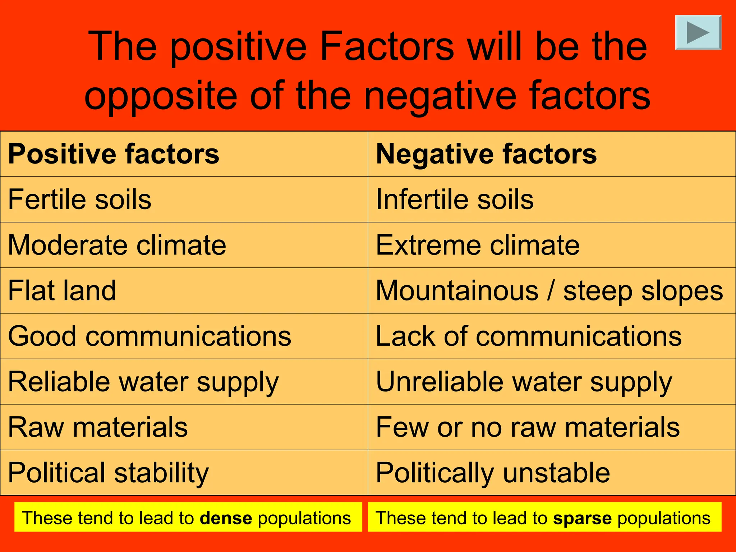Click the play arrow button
[698, 32]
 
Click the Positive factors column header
[114, 154]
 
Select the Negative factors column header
[486, 154]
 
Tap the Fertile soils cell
[80, 199]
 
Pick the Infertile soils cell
[455, 199]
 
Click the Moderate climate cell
[117, 245]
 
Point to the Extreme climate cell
[478, 245]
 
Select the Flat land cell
[62, 290]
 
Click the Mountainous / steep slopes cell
[549, 290]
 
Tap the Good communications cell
[149, 336]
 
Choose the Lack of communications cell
[528, 336]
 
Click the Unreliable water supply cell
[524, 382]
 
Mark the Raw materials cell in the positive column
[98, 427]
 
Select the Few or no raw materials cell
[528, 427]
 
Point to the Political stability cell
[108, 473]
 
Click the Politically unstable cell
[493, 473]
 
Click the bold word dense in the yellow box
[226, 518]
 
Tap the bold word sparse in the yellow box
[582, 518]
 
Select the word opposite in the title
[161, 96]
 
